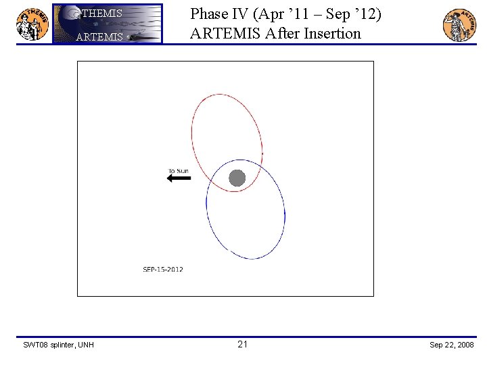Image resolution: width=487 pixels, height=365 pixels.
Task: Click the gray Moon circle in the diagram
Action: pos(237,178)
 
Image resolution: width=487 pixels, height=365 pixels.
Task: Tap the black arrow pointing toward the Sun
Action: pos(179,178)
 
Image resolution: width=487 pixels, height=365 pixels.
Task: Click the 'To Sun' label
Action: pos(179,171)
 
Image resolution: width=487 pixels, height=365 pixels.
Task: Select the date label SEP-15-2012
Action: pos(162,269)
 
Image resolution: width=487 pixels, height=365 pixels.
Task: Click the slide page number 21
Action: pos(243,345)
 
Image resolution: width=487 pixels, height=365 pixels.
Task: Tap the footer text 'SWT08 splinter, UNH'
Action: pos(59,345)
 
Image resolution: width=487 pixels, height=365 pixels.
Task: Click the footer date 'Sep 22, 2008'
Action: pos(452,345)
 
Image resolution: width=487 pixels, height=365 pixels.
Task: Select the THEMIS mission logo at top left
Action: pos(32,24)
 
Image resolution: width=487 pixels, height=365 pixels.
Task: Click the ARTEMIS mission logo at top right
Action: pos(459,25)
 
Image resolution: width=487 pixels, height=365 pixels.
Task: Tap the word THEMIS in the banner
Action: pos(101,14)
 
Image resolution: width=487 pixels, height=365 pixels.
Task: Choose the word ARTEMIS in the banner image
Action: pos(99,37)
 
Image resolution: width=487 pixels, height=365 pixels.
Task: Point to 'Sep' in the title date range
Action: pos(338,14)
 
